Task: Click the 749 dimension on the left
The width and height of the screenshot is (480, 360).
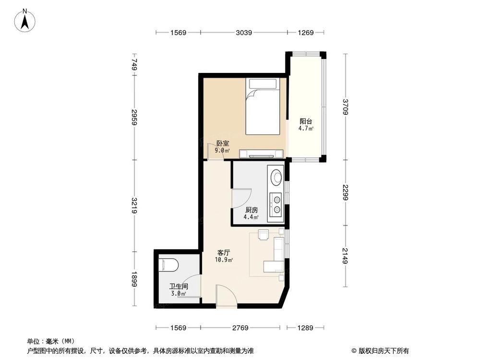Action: pos(135,64)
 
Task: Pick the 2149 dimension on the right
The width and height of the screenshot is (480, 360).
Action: pos(346,260)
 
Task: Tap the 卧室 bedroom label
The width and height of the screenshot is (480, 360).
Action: pos(222,144)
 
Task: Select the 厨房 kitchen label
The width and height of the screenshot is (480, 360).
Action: pos(252,210)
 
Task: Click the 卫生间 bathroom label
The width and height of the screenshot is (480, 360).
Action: pos(178,286)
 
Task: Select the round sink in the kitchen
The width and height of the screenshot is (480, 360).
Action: pos(277,177)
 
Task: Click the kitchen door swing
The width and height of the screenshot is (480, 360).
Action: pos(241,198)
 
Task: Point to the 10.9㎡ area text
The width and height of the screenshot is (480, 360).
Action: pos(224,260)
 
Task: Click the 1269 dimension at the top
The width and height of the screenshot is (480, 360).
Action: pos(305,33)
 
